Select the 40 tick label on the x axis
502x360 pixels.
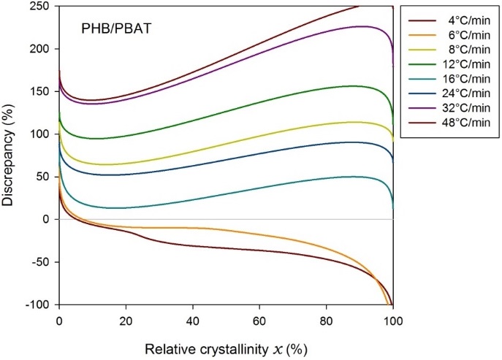tap(192, 318)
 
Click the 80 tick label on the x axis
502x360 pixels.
tap(326, 318)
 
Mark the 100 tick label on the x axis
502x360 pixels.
tap(392, 318)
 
